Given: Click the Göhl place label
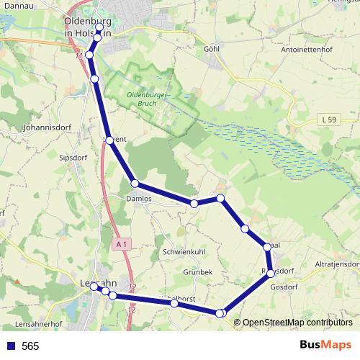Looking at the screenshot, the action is [211, 49].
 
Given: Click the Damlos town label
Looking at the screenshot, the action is [139, 198].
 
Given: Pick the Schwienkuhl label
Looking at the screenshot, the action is [185, 253].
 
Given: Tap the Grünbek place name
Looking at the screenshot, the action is [197, 272].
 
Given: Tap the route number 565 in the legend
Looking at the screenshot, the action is [30, 346].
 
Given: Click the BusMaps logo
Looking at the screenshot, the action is [325, 345].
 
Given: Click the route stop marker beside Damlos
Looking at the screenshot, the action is [135, 184].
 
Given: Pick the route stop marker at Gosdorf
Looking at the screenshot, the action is [271, 272].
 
